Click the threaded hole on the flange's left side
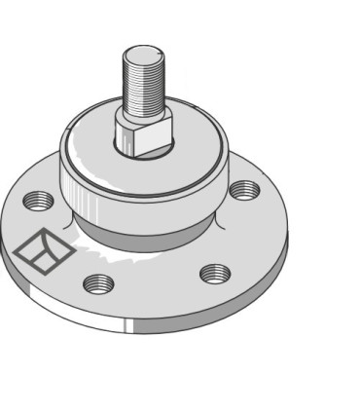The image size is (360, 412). [x=40, y=202]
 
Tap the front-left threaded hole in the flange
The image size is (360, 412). [x=98, y=284]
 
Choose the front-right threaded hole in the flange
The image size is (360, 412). [x=215, y=273]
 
